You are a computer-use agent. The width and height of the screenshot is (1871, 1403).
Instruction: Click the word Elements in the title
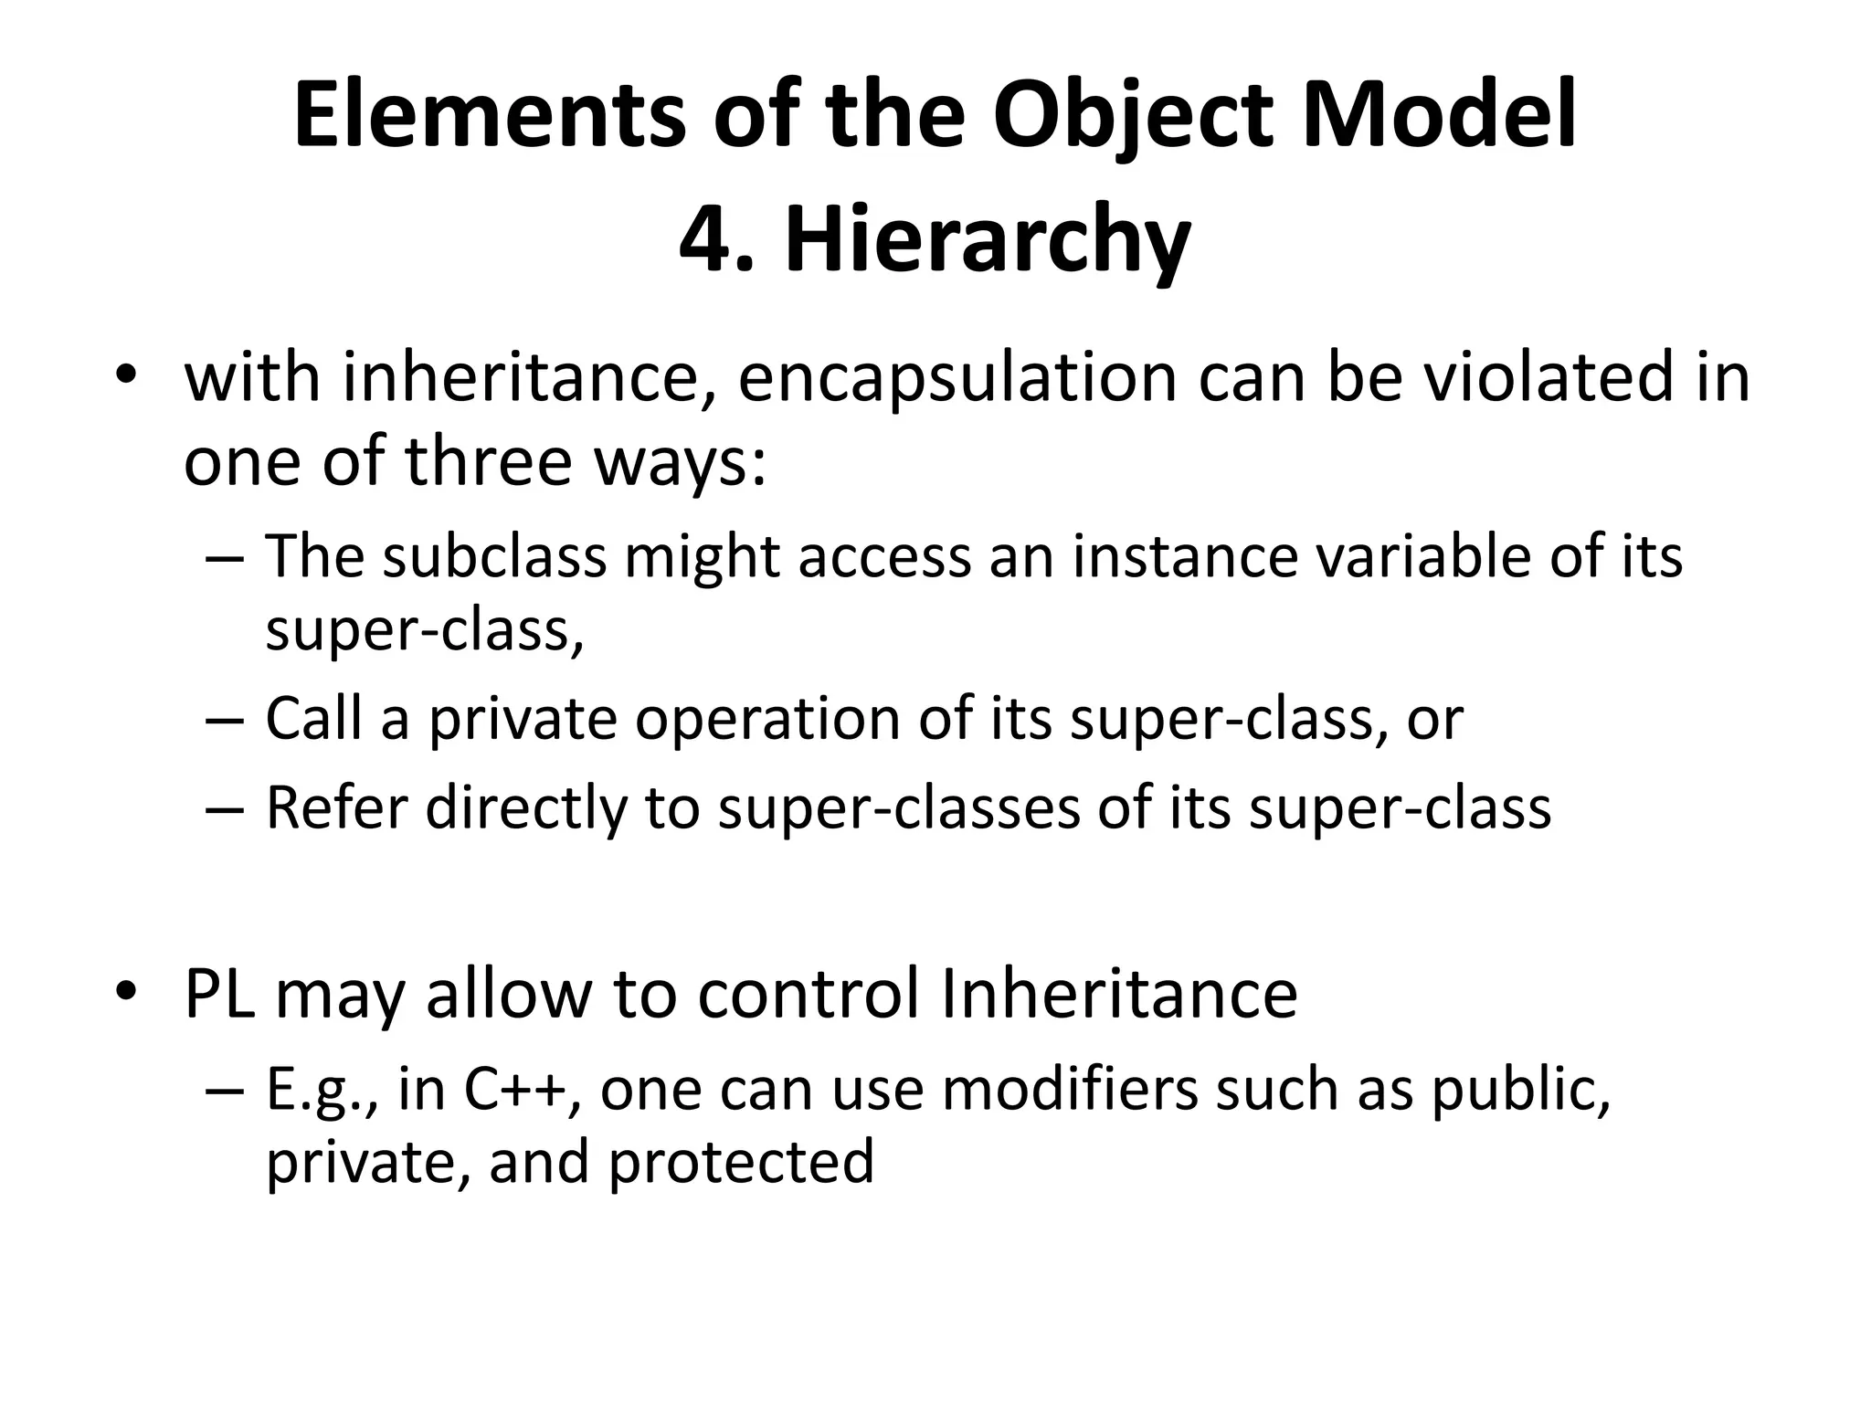coord(490,116)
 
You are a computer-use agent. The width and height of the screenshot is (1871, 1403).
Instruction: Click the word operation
coord(767,719)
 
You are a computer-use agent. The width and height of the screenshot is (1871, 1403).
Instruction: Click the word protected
coord(741,1162)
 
